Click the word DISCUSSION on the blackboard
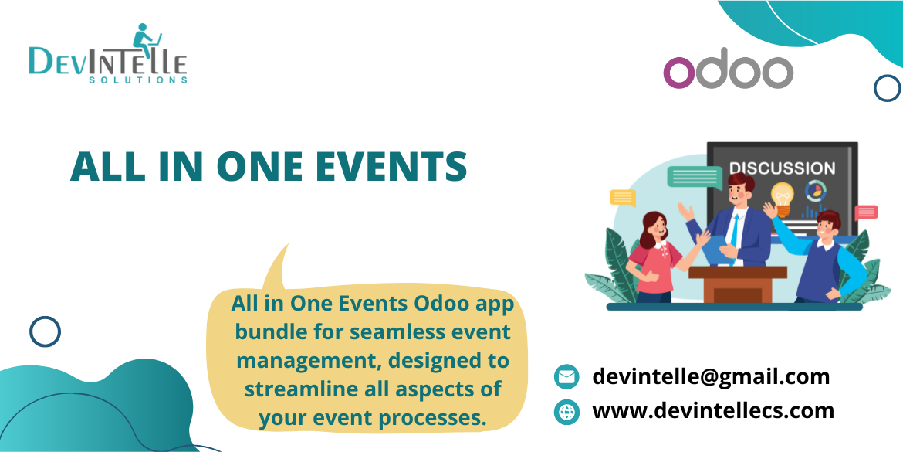[782, 168]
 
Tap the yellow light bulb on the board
[783, 197]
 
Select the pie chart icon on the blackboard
[813, 190]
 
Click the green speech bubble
[695, 177]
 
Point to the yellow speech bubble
[622, 197]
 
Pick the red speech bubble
[866, 212]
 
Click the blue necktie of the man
[736, 229]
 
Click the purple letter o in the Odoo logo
[680, 73]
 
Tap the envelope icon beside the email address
[566, 377]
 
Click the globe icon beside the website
[566, 412]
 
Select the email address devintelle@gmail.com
[710, 376]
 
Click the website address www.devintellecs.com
[712, 410]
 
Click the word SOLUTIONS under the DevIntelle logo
[138, 80]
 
